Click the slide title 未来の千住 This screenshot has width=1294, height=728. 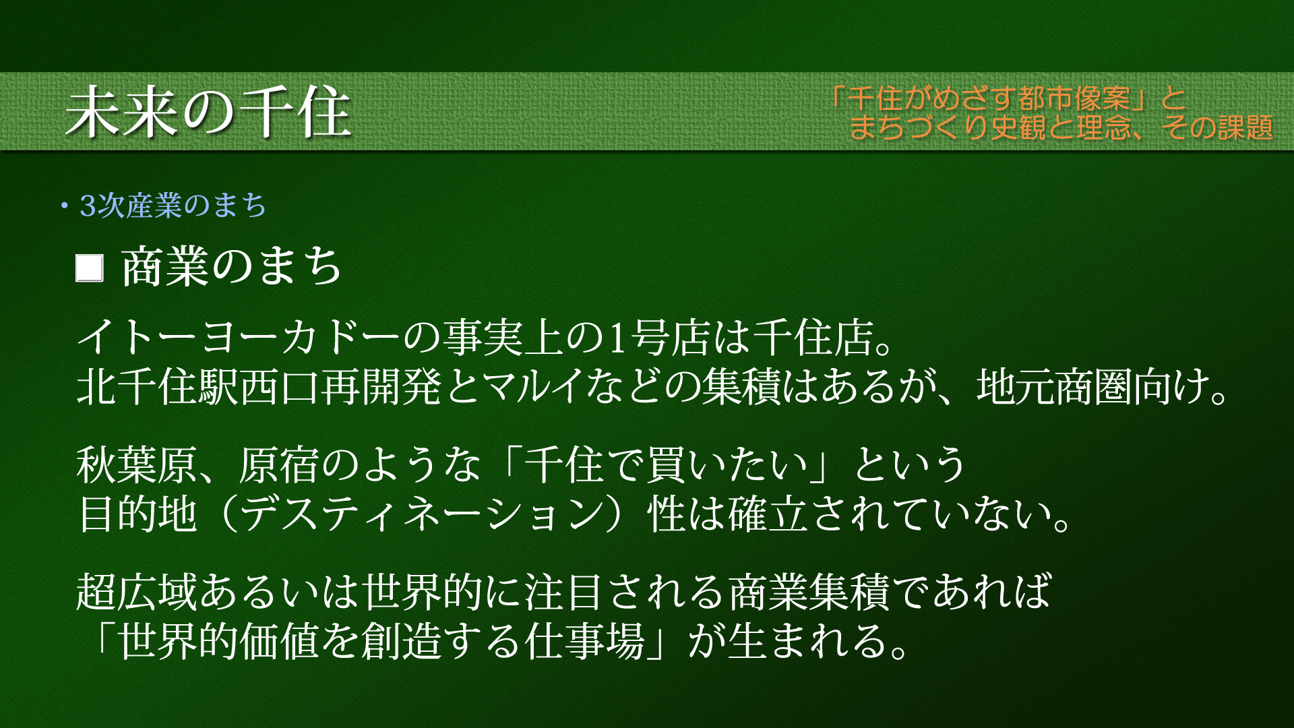(x=208, y=112)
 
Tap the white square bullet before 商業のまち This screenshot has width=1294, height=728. (x=89, y=268)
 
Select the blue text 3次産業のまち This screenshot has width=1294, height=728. (x=173, y=206)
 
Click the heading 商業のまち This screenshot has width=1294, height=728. (x=231, y=267)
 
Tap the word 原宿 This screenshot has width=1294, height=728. (x=278, y=465)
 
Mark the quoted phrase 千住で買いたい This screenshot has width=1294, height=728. (x=665, y=465)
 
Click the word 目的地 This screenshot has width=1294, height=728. (x=137, y=514)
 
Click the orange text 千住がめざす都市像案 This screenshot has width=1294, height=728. (x=989, y=99)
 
